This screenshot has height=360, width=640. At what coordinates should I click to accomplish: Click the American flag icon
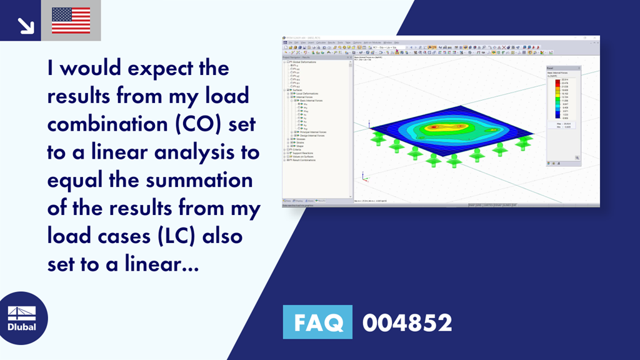click(x=71, y=21)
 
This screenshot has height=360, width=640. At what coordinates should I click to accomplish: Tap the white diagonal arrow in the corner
click(x=26, y=25)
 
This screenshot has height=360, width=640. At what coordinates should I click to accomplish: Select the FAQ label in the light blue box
click(x=317, y=322)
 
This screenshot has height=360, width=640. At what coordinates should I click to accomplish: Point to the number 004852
click(x=407, y=322)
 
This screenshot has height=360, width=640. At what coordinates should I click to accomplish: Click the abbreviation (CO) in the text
click(x=195, y=123)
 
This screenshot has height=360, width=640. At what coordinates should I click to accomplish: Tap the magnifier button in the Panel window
click(x=577, y=157)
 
